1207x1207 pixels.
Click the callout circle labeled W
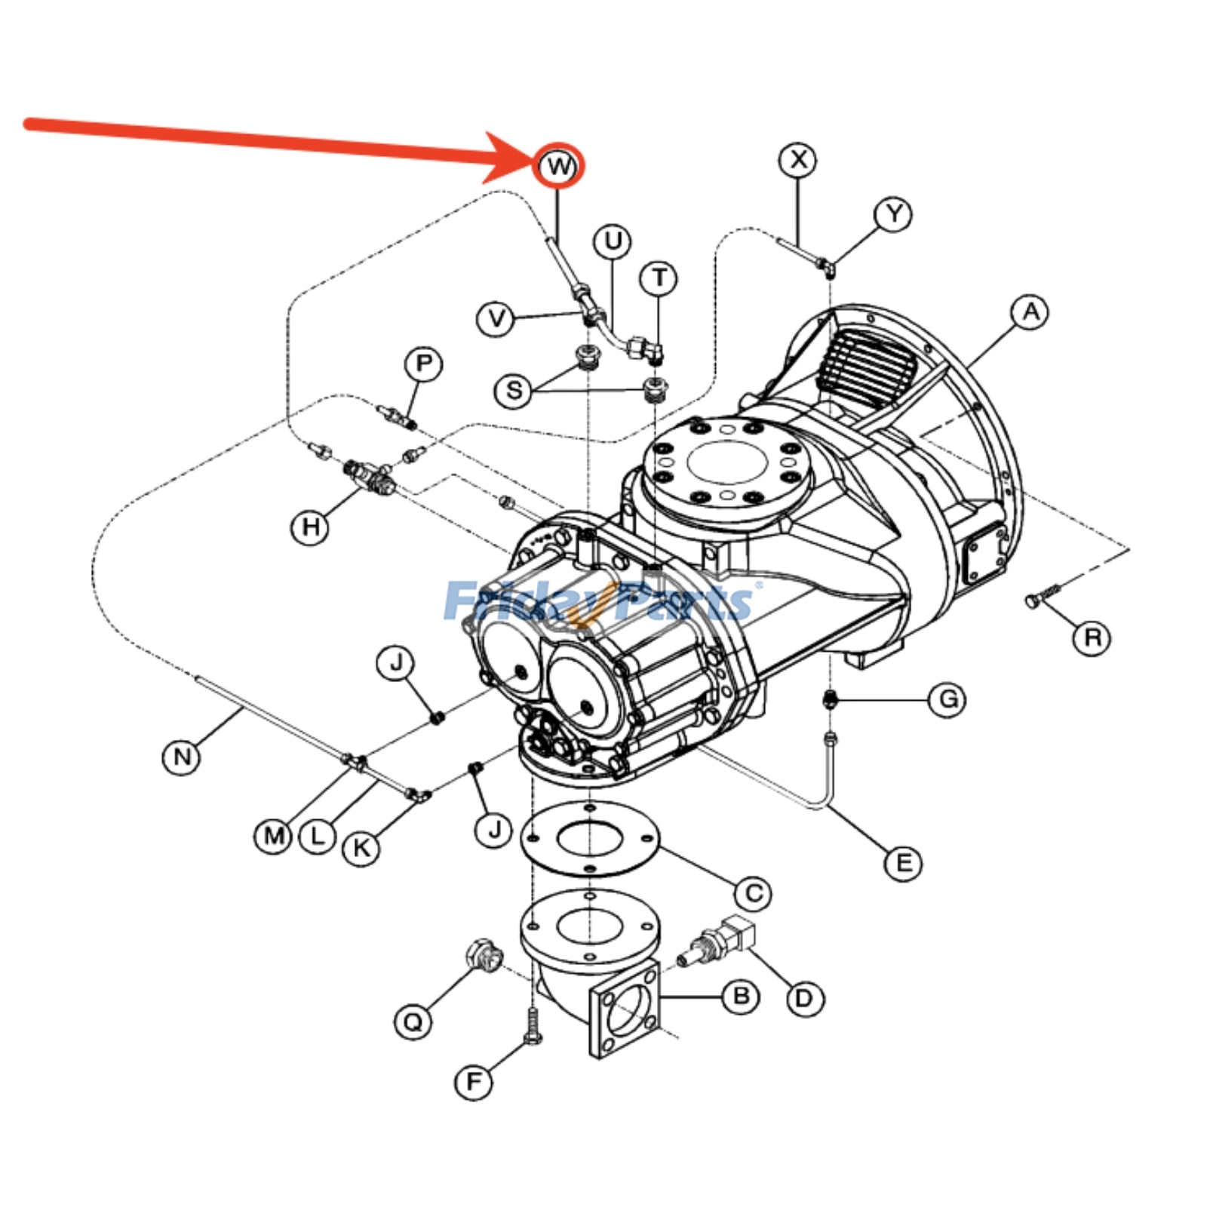(x=559, y=166)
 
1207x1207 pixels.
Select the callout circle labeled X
(x=798, y=160)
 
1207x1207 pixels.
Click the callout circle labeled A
(x=1030, y=312)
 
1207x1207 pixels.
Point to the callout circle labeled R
(x=1092, y=638)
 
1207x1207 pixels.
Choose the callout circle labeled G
(x=947, y=699)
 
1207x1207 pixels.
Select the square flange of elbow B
(x=624, y=1011)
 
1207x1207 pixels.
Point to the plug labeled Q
(x=483, y=956)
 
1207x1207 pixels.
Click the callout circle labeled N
(x=182, y=757)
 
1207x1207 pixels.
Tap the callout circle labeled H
(x=310, y=527)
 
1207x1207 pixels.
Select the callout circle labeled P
(x=424, y=365)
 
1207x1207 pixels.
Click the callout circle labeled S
(x=514, y=391)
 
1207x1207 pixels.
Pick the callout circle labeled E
(x=904, y=863)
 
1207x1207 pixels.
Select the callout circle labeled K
(x=361, y=848)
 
